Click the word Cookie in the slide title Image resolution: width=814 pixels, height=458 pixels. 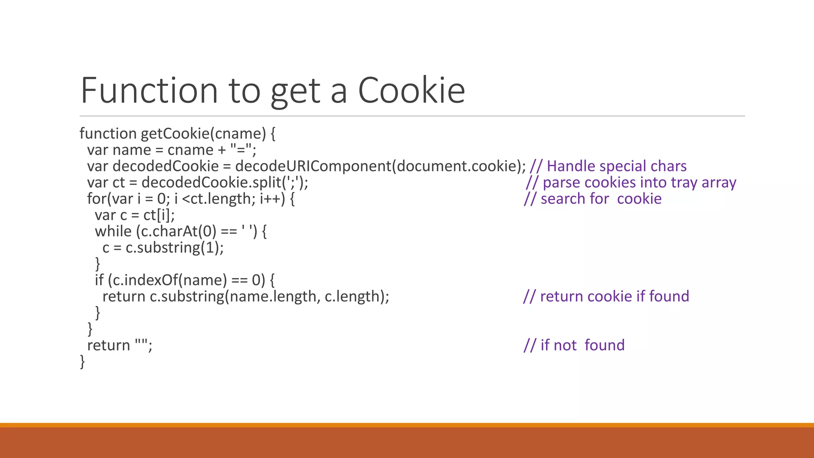(411, 91)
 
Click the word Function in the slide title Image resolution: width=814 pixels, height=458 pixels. (149, 91)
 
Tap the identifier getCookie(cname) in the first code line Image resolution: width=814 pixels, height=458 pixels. (203, 134)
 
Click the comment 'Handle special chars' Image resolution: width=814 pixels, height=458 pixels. (616, 166)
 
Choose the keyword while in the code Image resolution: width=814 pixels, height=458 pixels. (113, 231)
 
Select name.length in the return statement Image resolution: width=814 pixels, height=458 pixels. (273, 297)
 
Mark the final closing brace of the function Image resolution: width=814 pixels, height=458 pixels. (82, 362)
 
